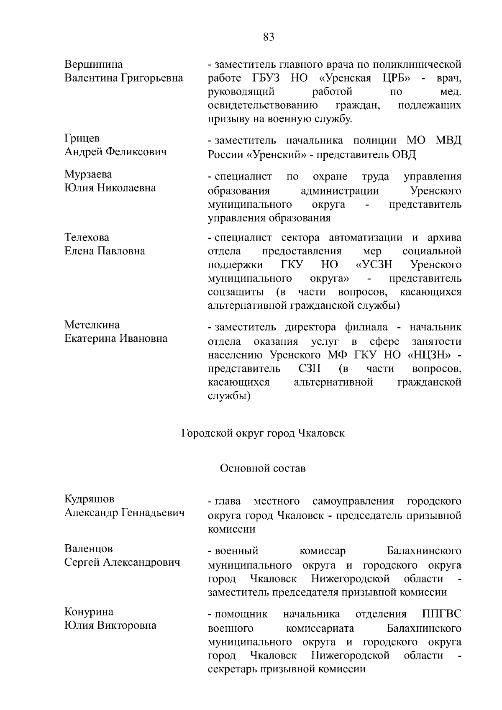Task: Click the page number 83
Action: [x=269, y=37]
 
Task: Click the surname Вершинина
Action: [x=94, y=64]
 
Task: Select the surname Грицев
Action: [x=82, y=138]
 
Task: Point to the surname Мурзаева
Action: [x=88, y=174]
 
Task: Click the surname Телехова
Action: [x=87, y=238]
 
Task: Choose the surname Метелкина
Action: [x=92, y=325]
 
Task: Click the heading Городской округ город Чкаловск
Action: [x=263, y=433]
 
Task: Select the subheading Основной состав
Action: [x=263, y=468]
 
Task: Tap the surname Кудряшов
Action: [x=89, y=499]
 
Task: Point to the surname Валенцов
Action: [x=89, y=549]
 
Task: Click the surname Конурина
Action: [x=89, y=612]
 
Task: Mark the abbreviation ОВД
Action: [x=404, y=155]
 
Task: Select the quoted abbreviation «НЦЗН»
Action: [x=430, y=355]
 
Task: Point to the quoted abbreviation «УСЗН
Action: [x=374, y=265]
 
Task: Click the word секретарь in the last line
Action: [x=232, y=669]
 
